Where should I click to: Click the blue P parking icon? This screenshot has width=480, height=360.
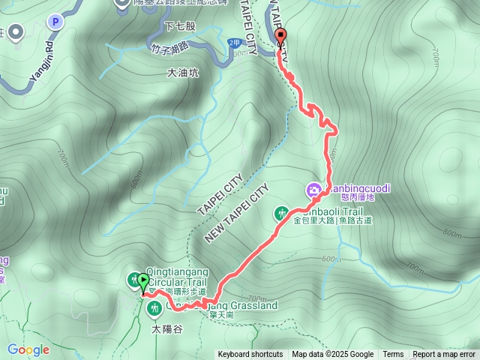(x=54, y=22)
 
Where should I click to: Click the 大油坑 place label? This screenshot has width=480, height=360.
(x=183, y=73)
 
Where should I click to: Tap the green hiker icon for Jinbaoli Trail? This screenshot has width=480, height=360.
(x=283, y=213)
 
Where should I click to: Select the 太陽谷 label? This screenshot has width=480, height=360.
(x=167, y=328)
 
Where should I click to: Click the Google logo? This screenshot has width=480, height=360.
(x=28, y=349)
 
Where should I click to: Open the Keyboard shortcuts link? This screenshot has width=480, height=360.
(x=250, y=355)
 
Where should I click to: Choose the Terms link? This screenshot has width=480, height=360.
(x=393, y=355)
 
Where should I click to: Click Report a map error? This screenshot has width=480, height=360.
(x=444, y=355)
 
